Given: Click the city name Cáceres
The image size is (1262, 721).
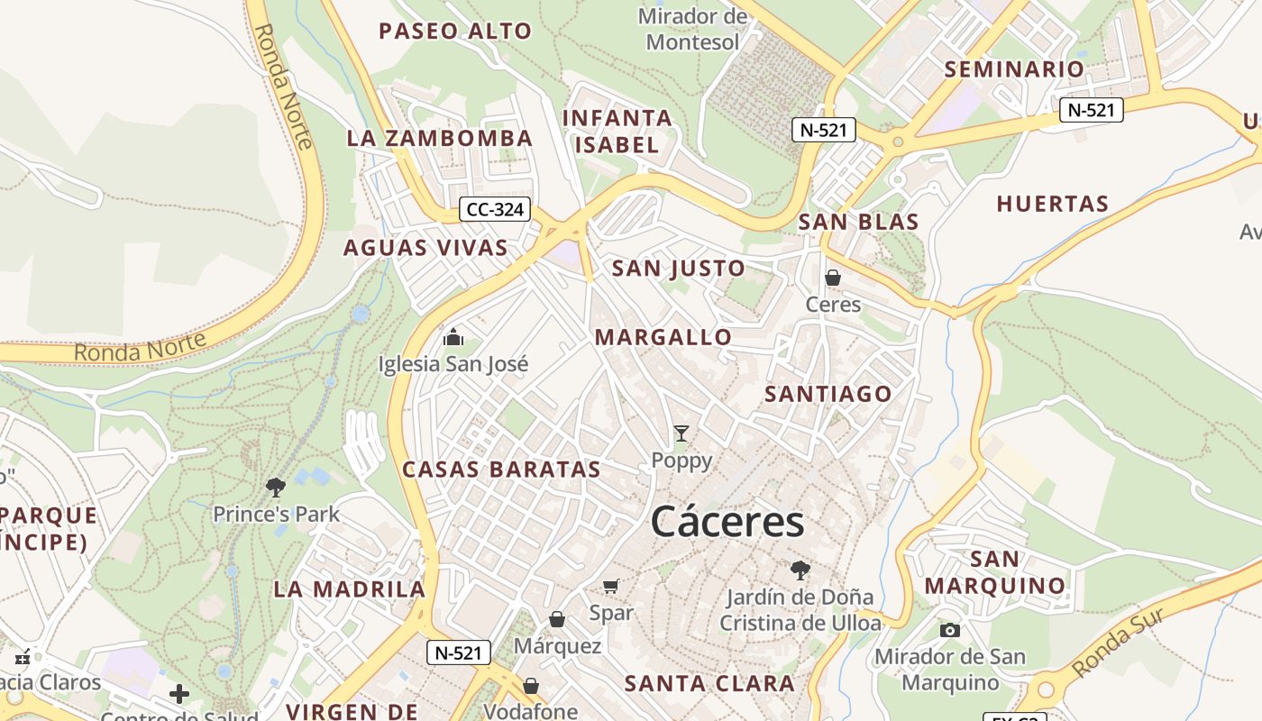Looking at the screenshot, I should pos(727,522).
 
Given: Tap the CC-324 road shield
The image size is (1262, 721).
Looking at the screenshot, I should pos(495,210).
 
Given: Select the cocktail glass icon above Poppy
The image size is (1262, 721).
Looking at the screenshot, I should pos(681,434).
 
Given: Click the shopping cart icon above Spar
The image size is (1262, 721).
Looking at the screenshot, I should pos(611,587).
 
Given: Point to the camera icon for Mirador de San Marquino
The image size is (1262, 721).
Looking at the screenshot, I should pos(949,630).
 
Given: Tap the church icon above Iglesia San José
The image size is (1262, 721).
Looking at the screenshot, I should pos(453,338).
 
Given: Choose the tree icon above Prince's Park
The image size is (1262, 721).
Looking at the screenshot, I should pos(276,488).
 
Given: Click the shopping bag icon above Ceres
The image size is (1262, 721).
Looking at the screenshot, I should pos(833,278).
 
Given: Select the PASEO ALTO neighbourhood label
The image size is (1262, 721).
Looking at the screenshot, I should pos(455,32).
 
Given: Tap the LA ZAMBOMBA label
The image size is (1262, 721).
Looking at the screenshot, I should pos(440,139).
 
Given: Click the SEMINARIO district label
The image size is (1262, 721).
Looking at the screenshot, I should pos(1014,69).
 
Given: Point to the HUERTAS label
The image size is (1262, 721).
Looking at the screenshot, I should pos(1052,204).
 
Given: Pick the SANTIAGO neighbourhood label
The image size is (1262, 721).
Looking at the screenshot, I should pos(828,394).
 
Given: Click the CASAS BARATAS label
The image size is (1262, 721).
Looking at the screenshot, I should pos(501,470).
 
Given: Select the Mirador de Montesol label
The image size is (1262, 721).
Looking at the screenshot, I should pos(692,29).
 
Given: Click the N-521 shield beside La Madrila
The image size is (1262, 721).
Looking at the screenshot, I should pos(458,653).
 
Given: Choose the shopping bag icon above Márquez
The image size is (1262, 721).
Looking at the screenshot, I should pos(557,619).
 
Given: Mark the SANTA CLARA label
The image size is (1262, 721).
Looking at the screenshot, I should pos(710,683).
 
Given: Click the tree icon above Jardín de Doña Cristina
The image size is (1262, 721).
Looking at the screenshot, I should pos(800,570).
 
